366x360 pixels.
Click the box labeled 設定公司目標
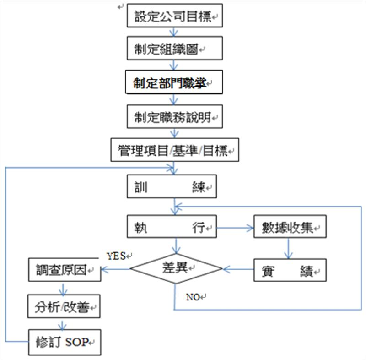(x=174, y=16)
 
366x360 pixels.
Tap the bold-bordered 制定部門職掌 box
(x=174, y=82)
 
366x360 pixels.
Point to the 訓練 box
(x=172, y=187)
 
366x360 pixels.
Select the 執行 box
(x=172, y=226)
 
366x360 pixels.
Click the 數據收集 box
(x=290, y=226)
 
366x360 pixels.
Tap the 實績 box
(x=290, y=270)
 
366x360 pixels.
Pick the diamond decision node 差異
(x=175, y=268)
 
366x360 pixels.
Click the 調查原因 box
(x=64, y=270)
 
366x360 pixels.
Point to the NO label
(x=194, y=296)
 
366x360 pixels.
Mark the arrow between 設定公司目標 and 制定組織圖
(x=174, y=32)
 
